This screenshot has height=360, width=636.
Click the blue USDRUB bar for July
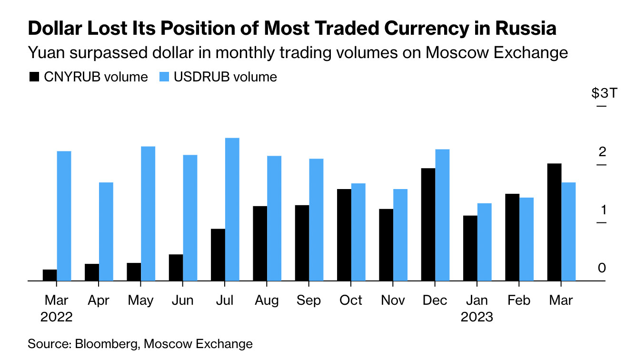point(232,210)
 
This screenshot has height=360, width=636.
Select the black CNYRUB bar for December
point(428,224)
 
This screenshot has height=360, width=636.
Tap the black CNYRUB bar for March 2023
point(555,222)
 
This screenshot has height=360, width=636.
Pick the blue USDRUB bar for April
point(106,231)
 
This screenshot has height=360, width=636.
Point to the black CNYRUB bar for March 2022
point(50,275)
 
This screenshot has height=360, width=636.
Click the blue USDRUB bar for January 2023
point(485,242)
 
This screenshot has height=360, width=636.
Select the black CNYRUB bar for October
point(344,235)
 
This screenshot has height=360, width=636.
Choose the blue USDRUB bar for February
point(527,239)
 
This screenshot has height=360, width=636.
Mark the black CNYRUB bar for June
point(176,268)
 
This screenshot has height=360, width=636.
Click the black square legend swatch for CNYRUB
point(34,77)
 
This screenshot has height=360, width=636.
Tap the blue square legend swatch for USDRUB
point(163,77)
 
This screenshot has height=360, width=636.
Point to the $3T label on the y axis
point(604,93)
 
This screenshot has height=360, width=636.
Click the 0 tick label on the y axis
point(602,268)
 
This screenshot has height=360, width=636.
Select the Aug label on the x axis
point(267,300)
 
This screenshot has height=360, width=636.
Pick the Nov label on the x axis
point(393,300)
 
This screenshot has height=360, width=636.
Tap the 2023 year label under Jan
point(477,317)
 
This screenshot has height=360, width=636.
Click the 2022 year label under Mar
point(57,317)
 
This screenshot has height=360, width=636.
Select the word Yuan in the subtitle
point(47,52)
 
